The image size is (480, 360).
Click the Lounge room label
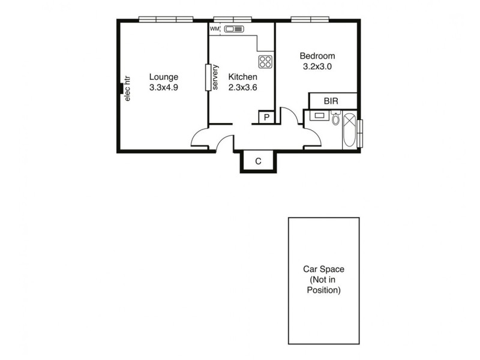point(164,77)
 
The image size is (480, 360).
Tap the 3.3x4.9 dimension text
point(164,87)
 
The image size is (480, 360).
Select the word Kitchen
point(243,77)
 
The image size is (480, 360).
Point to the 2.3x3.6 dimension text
point(243,87)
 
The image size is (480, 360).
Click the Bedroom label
point(317,56)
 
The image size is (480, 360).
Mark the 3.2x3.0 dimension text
point(317,67)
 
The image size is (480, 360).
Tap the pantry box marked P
point(266,117)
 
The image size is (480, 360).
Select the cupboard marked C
point(258,161)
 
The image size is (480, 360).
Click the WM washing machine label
point(214,28)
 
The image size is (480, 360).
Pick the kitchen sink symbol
point(235,28)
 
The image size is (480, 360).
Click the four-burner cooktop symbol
point(265,61)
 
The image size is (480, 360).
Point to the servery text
point(215,77)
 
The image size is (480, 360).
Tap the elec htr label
point(127,88)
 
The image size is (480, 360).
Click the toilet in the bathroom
point(335,119)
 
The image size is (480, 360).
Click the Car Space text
point(323,270)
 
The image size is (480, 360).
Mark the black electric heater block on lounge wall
point(120,89)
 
